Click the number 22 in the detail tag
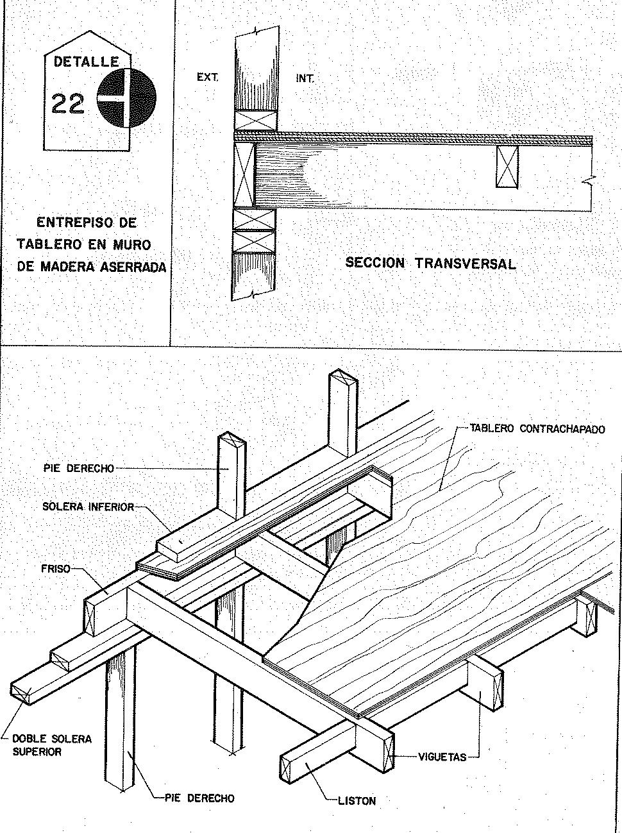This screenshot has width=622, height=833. [x=68, y=103]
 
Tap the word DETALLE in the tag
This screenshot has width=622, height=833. [x=87, y=62]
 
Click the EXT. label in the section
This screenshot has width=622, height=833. [x=208, y=78]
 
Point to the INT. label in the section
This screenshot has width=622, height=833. [x=305, y=78]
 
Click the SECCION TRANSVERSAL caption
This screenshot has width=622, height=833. [x=430, y=263]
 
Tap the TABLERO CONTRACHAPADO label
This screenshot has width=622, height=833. [x=537, y=428]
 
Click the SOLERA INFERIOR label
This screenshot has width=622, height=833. [x=88, y=507]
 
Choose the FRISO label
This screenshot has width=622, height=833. [x=56, y=568]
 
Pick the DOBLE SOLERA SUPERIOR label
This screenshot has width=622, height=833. [x=52, y=745]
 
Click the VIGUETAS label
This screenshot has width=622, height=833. [x=442, y=757]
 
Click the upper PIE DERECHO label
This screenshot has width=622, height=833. [x=79, y=468]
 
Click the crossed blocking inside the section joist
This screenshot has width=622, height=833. [x=507, y=167]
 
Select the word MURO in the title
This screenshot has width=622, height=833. [x=134, y=244]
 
